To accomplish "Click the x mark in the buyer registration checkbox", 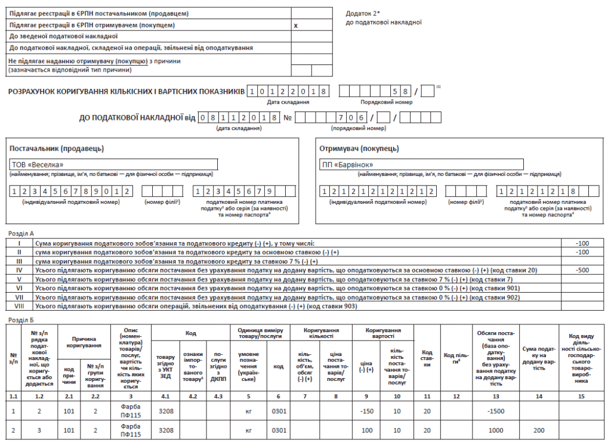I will (296, 26).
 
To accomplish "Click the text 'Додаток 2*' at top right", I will (363, 13).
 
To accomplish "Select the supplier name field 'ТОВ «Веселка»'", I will (113, 165).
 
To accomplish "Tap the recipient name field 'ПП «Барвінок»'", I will (421, 165).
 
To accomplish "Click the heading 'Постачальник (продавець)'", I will (57, 148).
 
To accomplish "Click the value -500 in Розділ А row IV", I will (582, 270).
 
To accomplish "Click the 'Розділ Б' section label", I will (19, 320).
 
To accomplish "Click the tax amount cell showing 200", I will (538, 430).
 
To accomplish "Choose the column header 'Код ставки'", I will (427, 355).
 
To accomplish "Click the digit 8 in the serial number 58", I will (405, 91).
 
